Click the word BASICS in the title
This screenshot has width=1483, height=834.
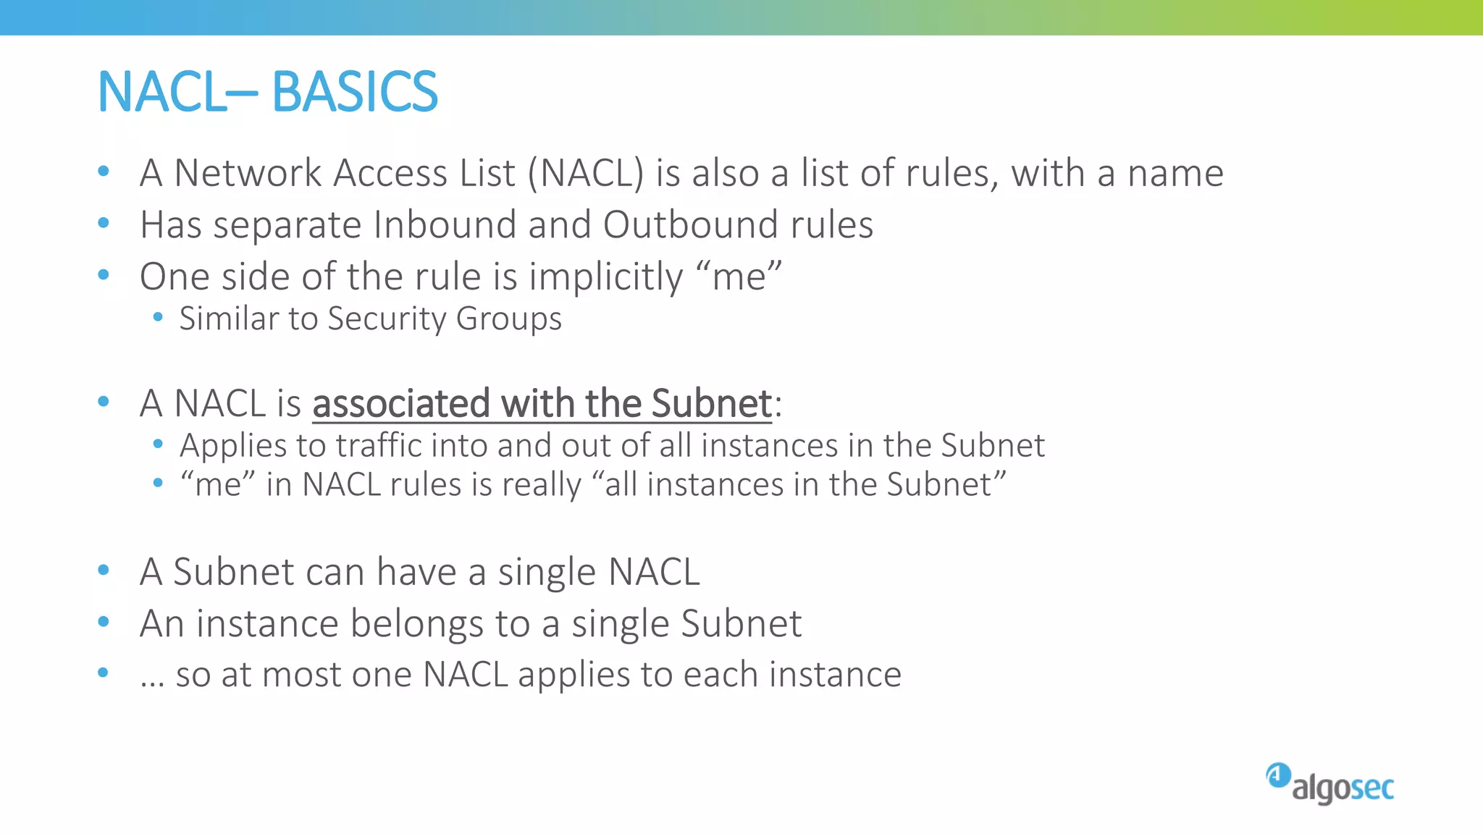point(354,92)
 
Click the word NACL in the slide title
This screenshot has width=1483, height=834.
point(161,92)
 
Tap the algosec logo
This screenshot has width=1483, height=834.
point(1329,783)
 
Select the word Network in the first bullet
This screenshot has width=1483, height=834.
point(248,173)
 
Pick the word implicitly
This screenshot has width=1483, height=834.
point(605,277)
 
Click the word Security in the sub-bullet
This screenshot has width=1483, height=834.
point(387,319)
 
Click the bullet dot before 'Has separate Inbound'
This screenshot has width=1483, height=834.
point(104,223)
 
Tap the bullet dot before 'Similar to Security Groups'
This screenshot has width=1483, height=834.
point(158,316)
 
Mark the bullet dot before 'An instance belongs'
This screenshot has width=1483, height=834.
point(104,621)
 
